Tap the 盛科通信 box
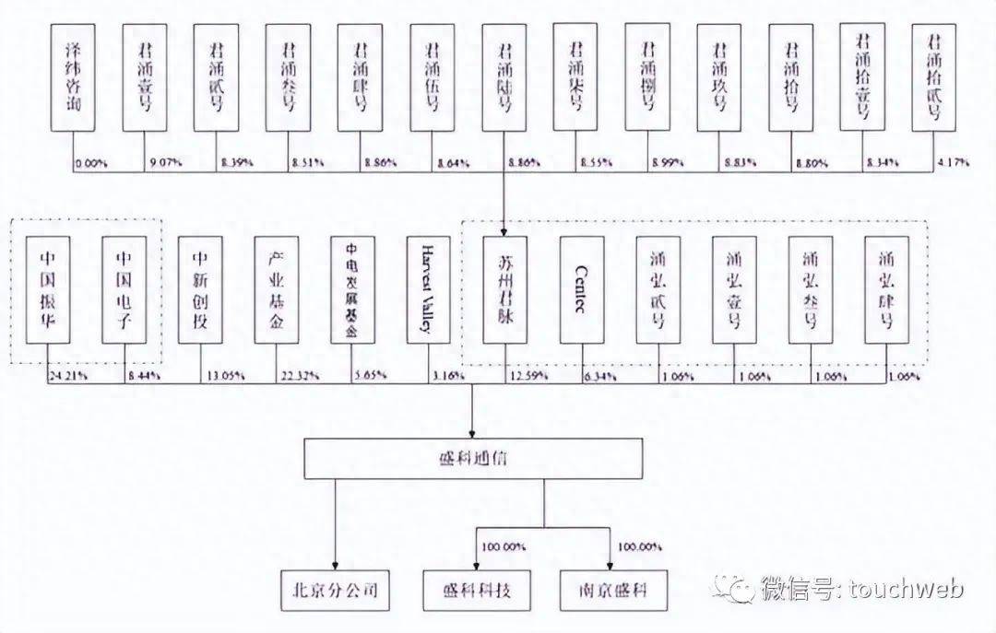click(471, 458)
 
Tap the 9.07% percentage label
click(165, 163)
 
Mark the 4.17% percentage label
click(954, 163)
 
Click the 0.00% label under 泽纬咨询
click(92, 163)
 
